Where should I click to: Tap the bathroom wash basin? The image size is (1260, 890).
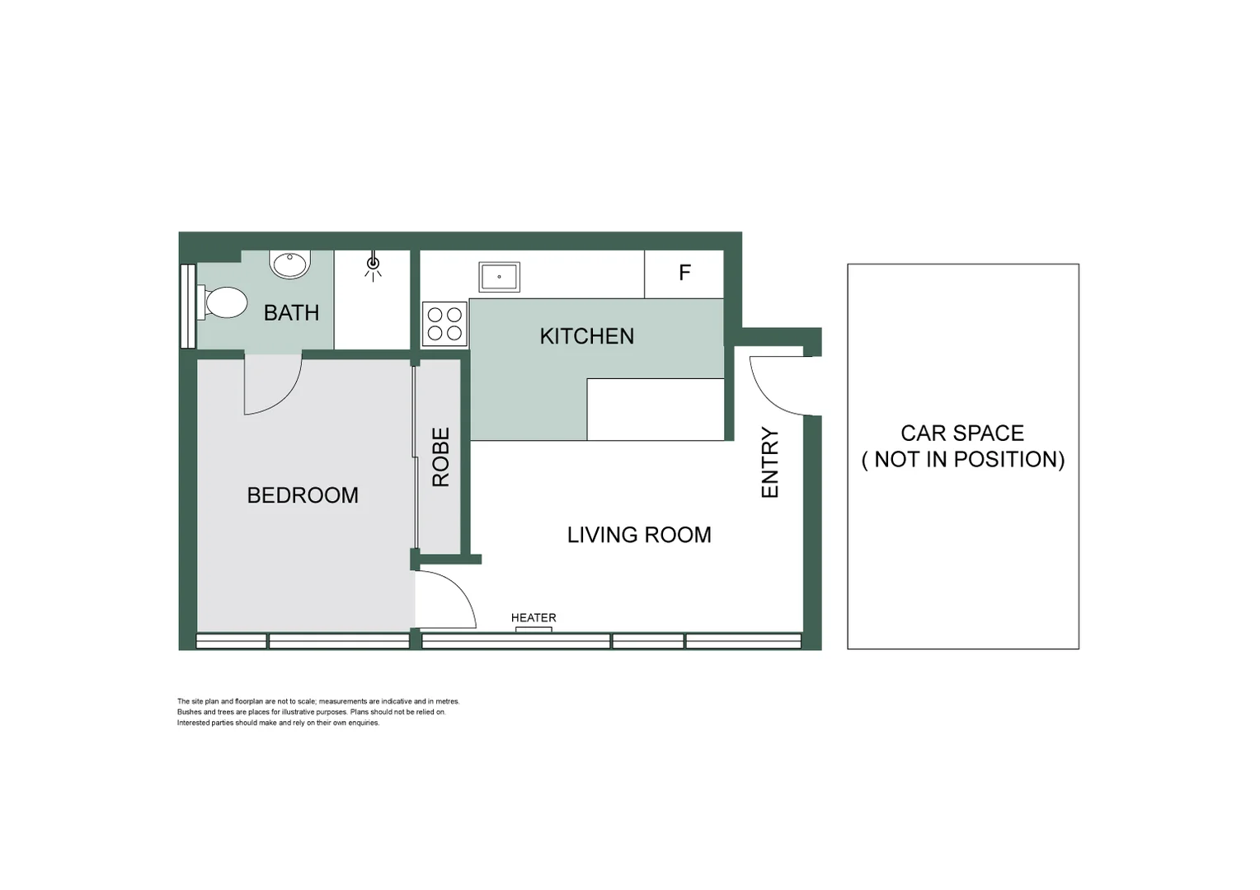[289, 265]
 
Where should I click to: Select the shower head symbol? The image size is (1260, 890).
[373, 265]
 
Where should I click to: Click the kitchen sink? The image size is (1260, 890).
[499, 277]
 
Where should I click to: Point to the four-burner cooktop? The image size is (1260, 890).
[444, 324]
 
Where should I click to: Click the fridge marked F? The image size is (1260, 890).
[684, 274]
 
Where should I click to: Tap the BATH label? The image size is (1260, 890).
[291, 313]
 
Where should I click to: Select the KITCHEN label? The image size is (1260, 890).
[586, 336]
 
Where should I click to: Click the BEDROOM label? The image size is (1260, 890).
[303, 495]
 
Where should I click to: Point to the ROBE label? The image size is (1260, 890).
[441, 457]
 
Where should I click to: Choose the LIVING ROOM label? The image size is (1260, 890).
[638, 535]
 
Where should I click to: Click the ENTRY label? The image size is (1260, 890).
[769, 462]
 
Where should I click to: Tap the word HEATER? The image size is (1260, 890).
[534, 617]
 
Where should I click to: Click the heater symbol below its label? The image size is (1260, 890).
[534, 630]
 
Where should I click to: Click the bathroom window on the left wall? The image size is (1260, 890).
[187, 306]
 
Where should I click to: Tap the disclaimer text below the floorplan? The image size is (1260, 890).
[317, 712]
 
